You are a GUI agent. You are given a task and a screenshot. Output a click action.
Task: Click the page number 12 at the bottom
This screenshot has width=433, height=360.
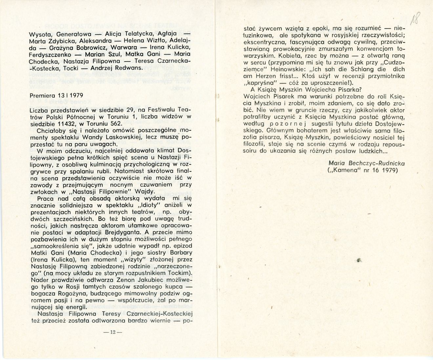tap(113, 332)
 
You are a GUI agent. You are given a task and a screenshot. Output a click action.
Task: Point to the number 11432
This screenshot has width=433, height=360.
tap(68, 123)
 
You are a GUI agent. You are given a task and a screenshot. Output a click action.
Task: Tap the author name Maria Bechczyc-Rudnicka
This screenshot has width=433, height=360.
tap(366, 163)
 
